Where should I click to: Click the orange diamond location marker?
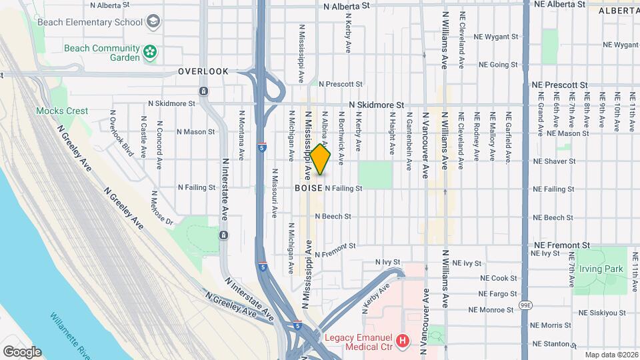click(321, 160)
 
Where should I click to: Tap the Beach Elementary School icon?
click(155, 21)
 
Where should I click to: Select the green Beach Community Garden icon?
click(151, 51)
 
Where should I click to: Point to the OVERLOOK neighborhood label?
click(203, 71)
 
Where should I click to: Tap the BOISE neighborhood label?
click(309, 189)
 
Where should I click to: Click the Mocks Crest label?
click(62, 111)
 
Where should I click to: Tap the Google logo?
click(22, 352)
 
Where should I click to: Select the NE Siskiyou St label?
click(603, 313)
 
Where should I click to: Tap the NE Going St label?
click(499, 65)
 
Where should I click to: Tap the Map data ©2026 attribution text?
click(611, 355)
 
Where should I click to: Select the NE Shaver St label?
click(554, 161)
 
